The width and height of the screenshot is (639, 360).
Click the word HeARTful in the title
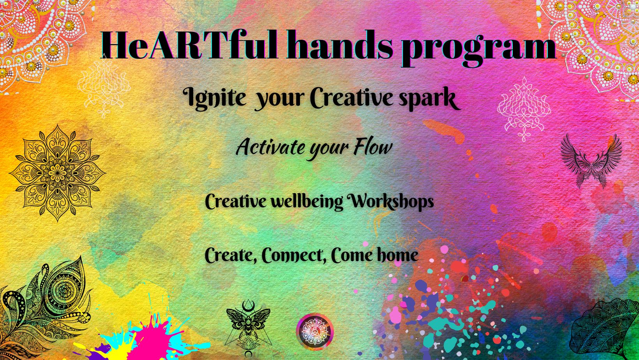coord(189,45)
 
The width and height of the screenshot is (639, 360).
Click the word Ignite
coord(214,99)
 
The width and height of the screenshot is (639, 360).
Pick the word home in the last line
coord(398,255)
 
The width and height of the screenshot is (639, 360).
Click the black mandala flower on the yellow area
coord(58,173)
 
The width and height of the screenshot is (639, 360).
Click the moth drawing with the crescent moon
coord(248,328)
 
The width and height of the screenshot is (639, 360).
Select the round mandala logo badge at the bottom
coord(315,332)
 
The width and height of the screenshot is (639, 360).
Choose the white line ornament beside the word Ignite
coord(104,86)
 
